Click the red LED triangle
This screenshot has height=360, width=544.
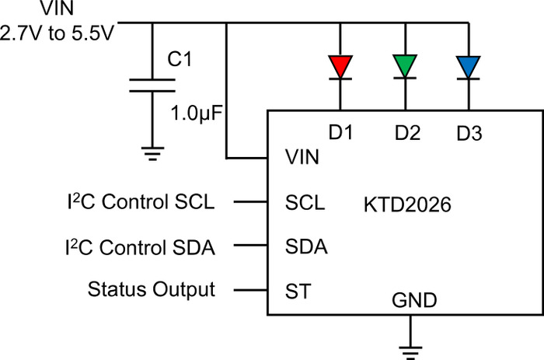[x=340, y=67]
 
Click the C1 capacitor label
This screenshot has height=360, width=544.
[x=180, y=58]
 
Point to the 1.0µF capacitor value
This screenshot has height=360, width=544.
[x=197, y=114]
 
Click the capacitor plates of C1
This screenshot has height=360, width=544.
[x=152, y=86]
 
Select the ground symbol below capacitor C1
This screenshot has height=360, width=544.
[x=152, y=154]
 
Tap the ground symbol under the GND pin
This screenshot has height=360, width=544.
[x=410, y=352]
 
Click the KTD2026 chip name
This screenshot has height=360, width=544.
[x=407, y=204]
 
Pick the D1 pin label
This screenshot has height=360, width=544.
[x=340, y=132]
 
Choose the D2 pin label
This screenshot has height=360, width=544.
[x=407, y=133]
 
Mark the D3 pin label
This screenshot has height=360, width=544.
[x=469, y=133]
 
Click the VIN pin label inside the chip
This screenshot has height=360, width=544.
[x=302, y=157]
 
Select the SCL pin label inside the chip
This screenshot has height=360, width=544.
[x=305, y=203]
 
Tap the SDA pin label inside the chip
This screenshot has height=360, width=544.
[x=306, y=246]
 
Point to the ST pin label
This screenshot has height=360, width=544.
[x=298, y=292]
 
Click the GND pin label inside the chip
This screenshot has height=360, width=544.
[x=414, y=300]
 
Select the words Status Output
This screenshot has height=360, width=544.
[x=152, y=289]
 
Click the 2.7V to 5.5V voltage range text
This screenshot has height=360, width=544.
[x=57, y=33]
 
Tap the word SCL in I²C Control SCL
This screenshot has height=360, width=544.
[x=194, y=201]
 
